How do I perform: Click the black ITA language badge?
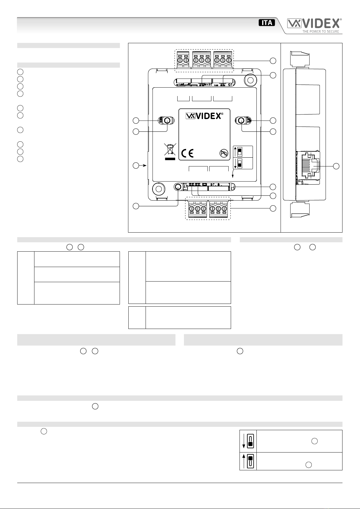tap(267, 23)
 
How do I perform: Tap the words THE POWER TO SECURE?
tap(320, 32)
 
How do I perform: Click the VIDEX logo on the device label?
tap(204, 116)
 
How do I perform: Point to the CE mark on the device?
tap(187, 153)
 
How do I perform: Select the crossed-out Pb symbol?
tap(224, 153)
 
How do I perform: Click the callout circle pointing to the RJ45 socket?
tap(336, 166)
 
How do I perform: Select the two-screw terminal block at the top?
tap(183, 60)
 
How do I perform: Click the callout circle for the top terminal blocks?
tap(273, 61)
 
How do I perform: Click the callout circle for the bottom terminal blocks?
tap(273, 208)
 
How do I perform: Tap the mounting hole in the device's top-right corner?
tap(251, 80)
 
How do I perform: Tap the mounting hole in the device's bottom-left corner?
tap(159, 189)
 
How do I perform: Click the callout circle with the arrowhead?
tap(136, 166)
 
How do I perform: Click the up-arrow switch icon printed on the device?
tap(238, 152)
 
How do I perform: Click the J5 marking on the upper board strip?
tap(230, 85)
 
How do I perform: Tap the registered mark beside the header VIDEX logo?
tap(340, 20)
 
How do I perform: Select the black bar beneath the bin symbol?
tap(170, 159)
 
